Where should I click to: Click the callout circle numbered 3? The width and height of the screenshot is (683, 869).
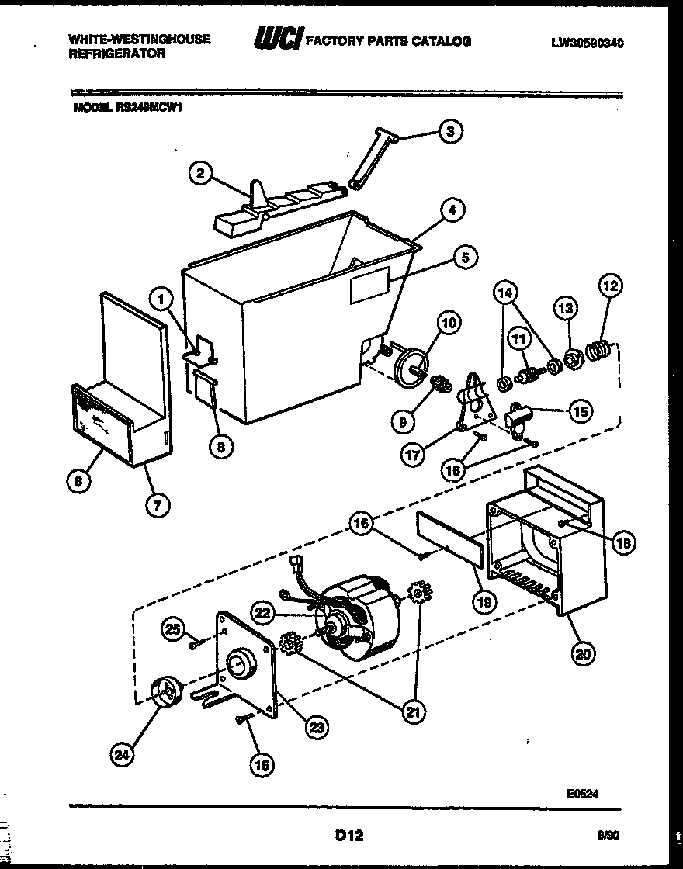(x=449, y=131)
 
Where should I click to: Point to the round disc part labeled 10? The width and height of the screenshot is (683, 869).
(x=411, y=362)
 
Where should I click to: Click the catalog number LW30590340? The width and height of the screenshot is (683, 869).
(x=587, y=43)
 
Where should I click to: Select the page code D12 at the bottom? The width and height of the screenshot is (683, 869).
(x=348, y=836)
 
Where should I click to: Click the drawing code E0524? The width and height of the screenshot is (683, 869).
(x=581, y=794)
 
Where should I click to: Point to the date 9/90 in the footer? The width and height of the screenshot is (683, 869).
(x=609, y=836)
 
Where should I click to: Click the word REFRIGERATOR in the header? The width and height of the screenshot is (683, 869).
(x=117, y=54)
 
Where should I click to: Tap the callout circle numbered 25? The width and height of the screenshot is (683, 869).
(x=175, y=629)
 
